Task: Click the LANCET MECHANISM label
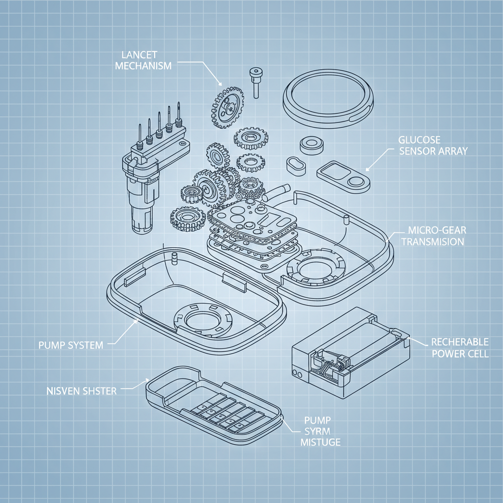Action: pos(143,59)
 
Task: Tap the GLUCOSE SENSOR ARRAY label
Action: pos(433,145)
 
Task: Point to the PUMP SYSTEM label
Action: pos(71,345)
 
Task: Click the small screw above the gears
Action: pos(255,82)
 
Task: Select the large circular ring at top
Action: pos(328,95)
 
